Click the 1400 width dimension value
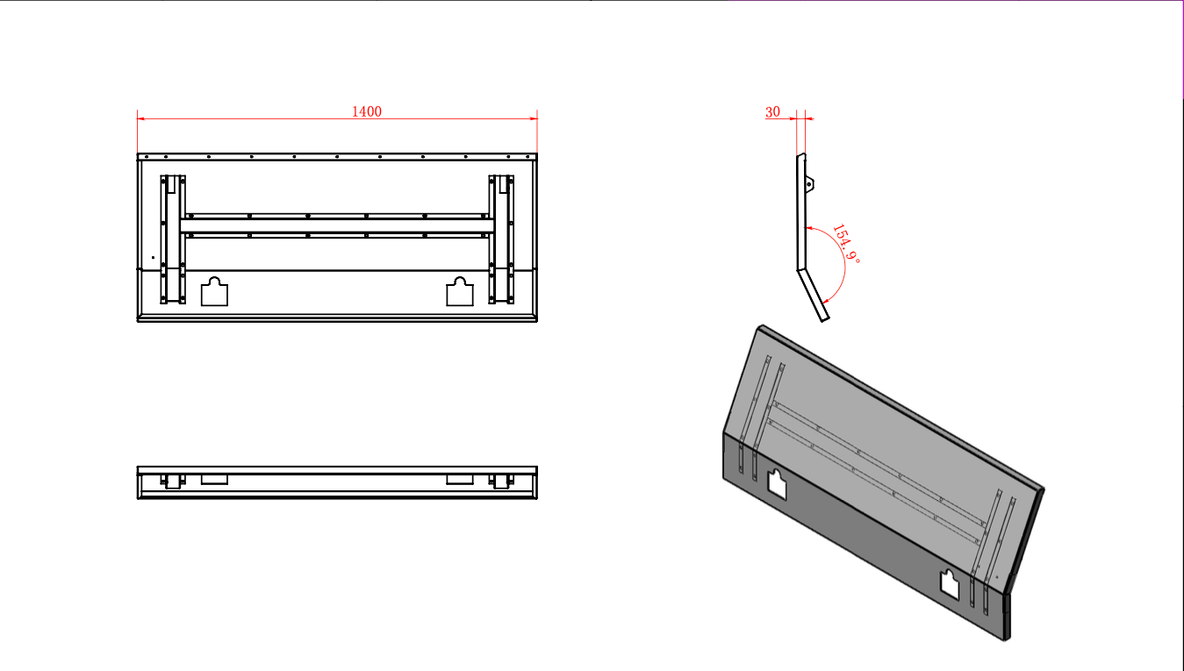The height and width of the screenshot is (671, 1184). click(x=366, y=111)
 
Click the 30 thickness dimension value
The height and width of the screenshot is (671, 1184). click(x=772, y=112)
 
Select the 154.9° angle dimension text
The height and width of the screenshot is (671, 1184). click(x=846, y=244)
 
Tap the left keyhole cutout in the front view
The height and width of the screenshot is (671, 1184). click(x=215, y=292)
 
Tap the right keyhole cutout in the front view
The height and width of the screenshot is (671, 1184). click(x=460, y=292)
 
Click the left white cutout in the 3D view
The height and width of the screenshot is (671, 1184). click(x=777, y=484)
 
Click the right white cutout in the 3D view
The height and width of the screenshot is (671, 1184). click(x=950, y=584)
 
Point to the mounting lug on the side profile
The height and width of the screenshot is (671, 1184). click(x=809, y=184)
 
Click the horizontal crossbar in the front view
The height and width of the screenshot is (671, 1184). click(x=337, y=225)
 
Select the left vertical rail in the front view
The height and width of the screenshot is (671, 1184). click(x=173, y=239)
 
